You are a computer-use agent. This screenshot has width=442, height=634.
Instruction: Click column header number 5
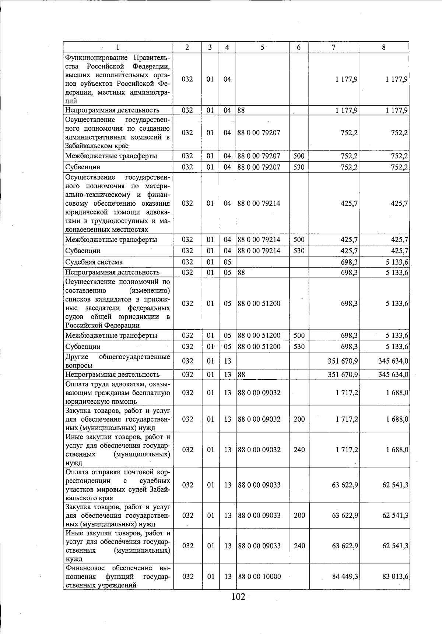tap(262, 47)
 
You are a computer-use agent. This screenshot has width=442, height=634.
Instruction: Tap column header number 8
tap(384, 47)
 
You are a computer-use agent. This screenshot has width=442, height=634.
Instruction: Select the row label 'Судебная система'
tap(94, 262)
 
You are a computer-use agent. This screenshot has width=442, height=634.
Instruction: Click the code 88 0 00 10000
tap(259, 576)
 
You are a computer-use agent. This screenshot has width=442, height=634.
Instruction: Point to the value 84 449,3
tap(345, 576)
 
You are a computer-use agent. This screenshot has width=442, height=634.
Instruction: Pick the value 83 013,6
tap(395, 576)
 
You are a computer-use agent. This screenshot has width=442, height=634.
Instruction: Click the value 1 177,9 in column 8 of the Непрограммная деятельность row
tap(397, 110)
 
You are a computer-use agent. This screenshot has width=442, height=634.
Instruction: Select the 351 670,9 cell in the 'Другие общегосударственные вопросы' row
tap(343, 361)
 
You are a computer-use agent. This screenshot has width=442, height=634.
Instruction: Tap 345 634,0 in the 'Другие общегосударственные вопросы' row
tap(393, 361)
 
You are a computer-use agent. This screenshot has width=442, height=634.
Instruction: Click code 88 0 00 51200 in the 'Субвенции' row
tap(259, 347)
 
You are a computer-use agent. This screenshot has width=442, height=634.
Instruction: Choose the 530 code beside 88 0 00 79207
tap(299, 167)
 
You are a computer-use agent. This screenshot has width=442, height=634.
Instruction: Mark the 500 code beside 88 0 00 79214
tap(299, 240)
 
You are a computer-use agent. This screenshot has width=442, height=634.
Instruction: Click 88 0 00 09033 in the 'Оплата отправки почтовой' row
tap(259, 485)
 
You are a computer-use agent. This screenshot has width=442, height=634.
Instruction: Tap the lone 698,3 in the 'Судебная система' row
tap(350, 262)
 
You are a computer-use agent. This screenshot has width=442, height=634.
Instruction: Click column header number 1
tap(117, 47)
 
